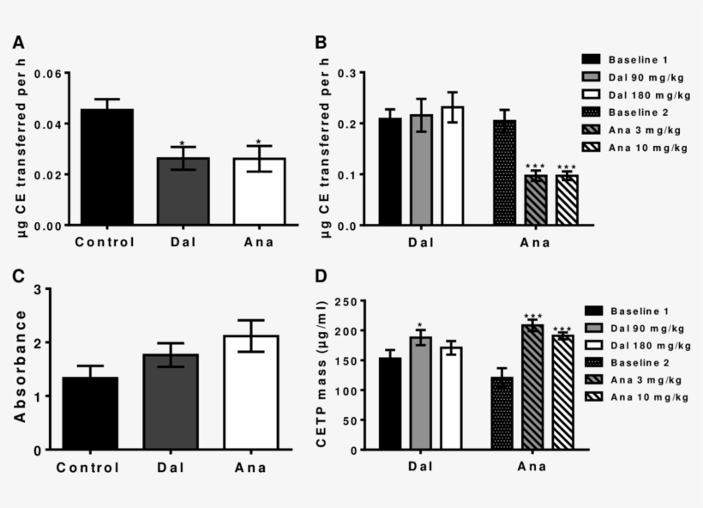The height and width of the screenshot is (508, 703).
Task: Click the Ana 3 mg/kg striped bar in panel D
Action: click(532, 387)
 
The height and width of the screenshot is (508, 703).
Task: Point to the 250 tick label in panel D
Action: click(345, 301)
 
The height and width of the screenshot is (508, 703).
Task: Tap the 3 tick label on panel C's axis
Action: click(37, 289)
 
